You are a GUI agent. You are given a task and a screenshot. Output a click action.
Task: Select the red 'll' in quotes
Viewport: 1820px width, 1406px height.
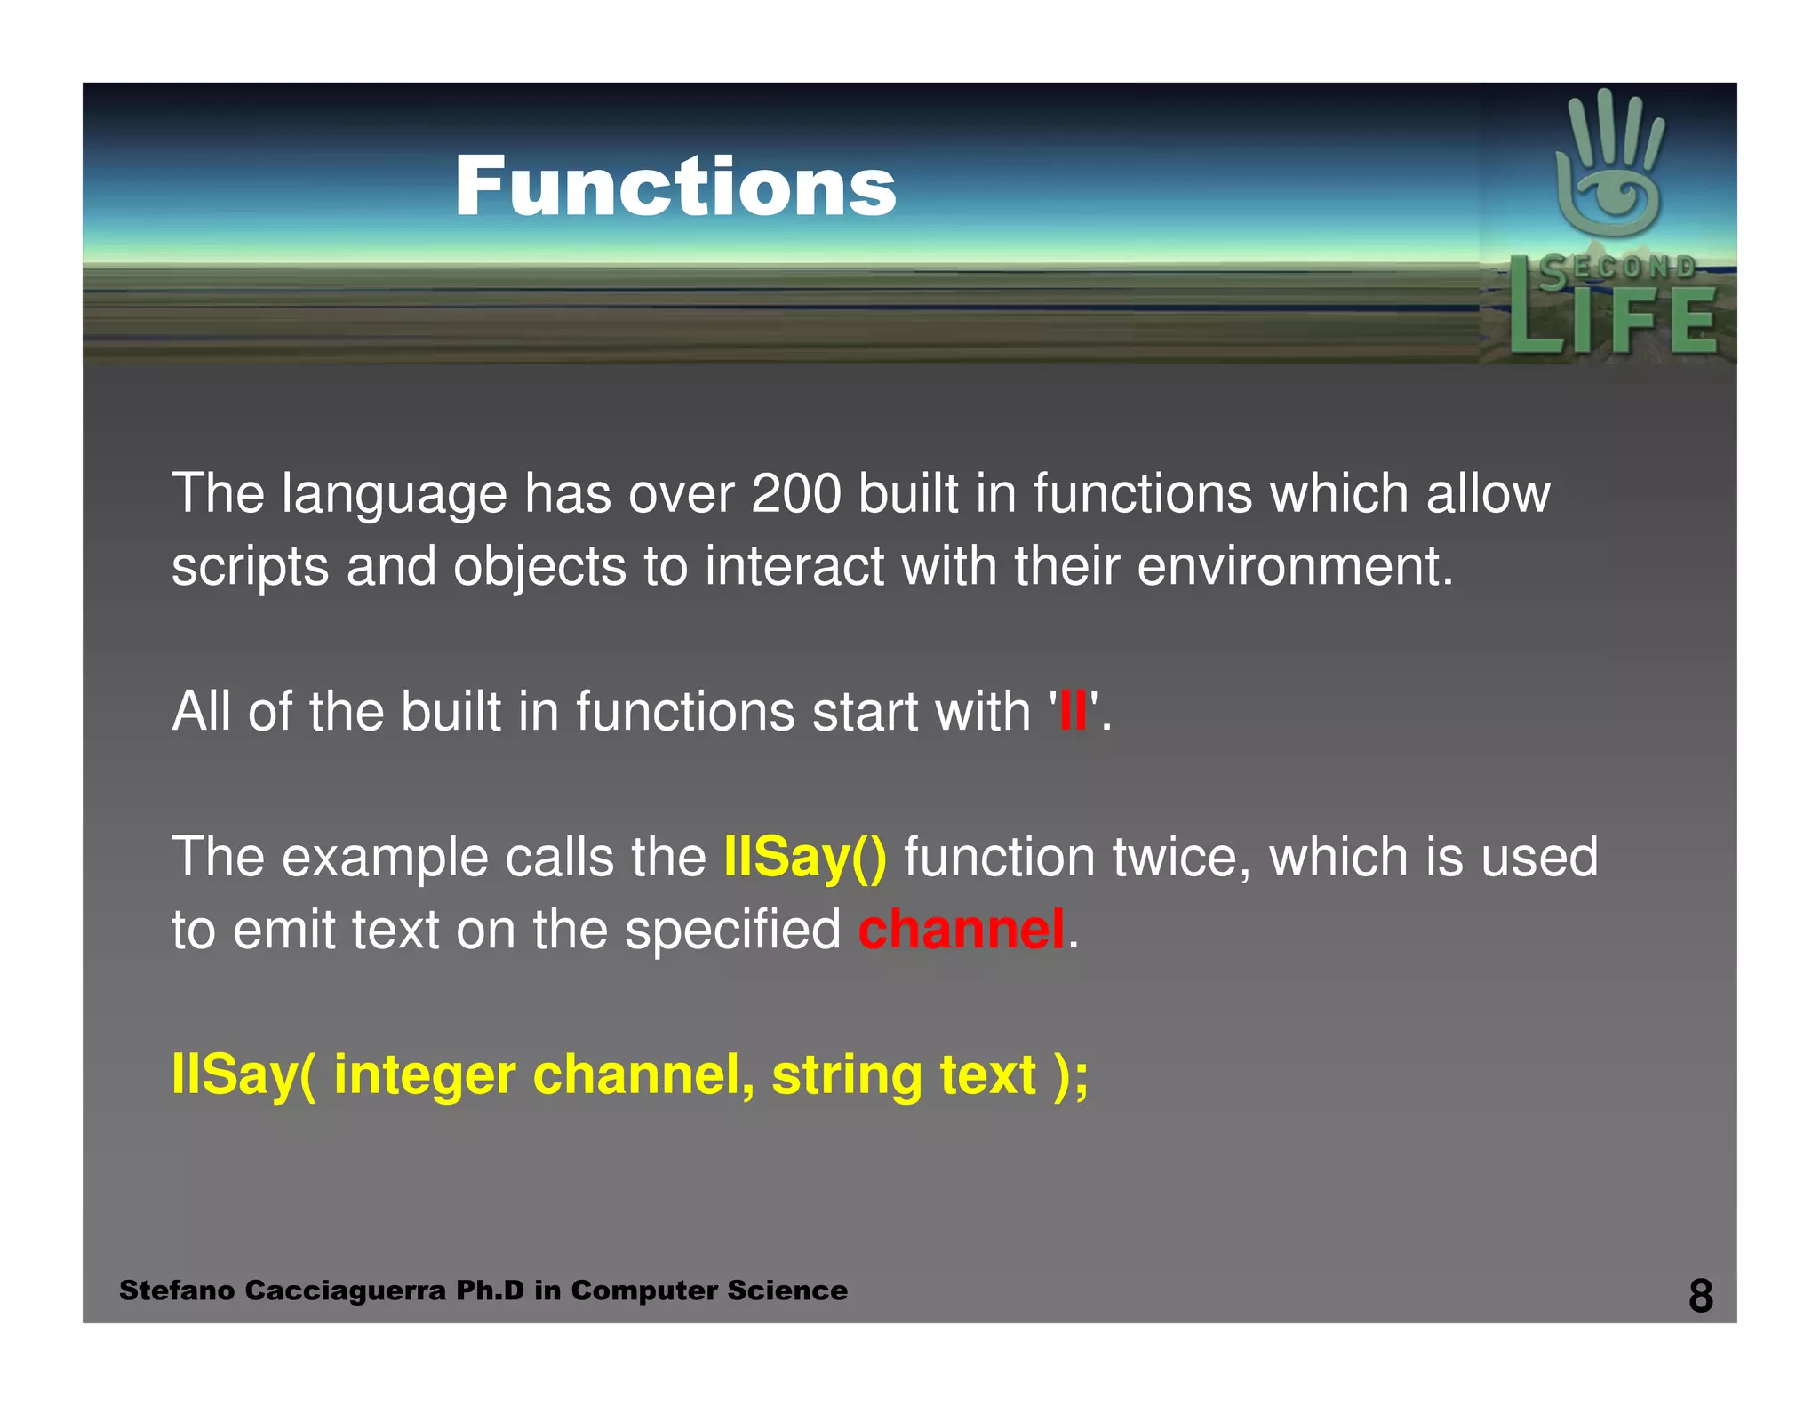1074,711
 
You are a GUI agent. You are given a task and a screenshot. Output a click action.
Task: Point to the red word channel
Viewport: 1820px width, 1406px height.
962,930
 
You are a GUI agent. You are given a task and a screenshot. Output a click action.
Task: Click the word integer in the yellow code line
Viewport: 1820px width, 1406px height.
424,1075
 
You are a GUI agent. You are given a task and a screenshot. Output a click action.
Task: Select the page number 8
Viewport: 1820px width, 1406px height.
1700,1296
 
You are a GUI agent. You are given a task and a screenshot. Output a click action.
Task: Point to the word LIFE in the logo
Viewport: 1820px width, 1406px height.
1612,322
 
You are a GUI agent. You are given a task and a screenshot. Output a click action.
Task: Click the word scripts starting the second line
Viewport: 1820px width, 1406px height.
250,568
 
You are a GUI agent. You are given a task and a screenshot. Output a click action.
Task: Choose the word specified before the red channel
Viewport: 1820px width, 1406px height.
732,930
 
